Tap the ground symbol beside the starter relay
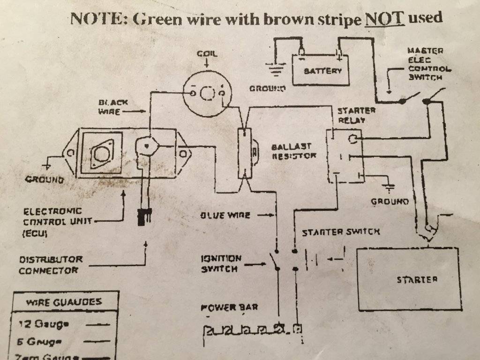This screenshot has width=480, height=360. [x=389, y=187]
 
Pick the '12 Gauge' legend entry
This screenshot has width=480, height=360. [x=42, y=323]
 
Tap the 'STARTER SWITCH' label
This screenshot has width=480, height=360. [x=341, y=232]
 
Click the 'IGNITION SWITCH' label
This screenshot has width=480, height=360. [x=221, y=263]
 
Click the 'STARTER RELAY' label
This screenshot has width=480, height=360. [x=357, y=115]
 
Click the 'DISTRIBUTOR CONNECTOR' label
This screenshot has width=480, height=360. [x=52, y=264]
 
